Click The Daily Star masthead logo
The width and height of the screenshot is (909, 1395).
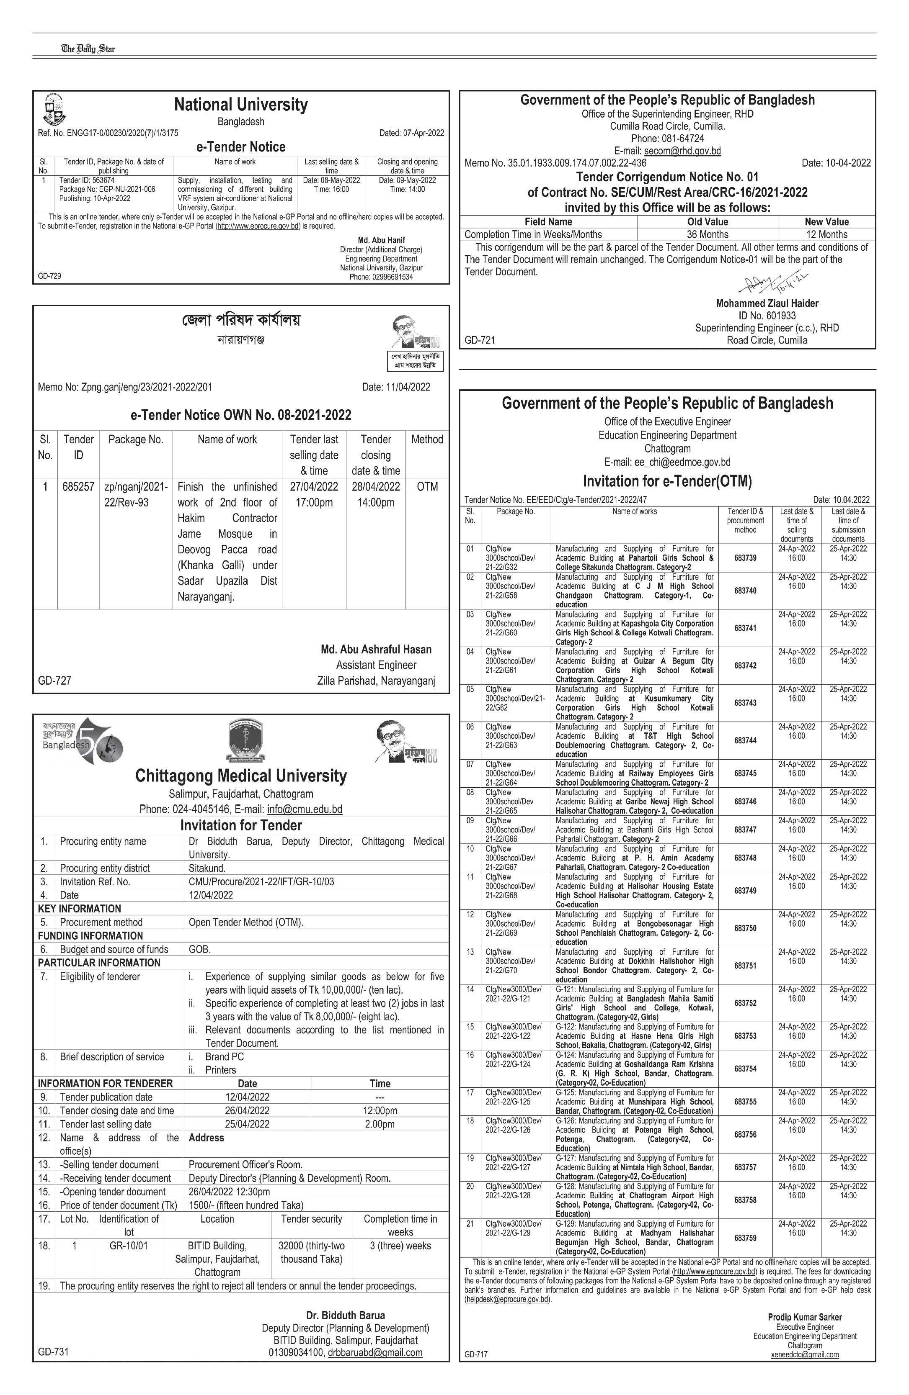[x=88, y=49]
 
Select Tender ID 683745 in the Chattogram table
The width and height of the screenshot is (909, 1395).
[x=745, y=773]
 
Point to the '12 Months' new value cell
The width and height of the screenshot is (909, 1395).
[x=826, y=234]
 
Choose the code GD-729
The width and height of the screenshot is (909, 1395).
[x=50, y=275]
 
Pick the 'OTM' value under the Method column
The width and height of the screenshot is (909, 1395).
[x=427, y=486]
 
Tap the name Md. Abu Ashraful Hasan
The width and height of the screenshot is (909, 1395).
[x=376, y=650]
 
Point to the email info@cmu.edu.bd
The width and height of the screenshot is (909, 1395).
[x=305, y=809]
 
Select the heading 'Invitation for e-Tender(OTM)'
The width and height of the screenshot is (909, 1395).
[x=667, y=481]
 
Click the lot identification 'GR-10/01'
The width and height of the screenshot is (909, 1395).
[x=129, y=1246]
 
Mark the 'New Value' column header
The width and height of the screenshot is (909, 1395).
[x=826, y=221]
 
